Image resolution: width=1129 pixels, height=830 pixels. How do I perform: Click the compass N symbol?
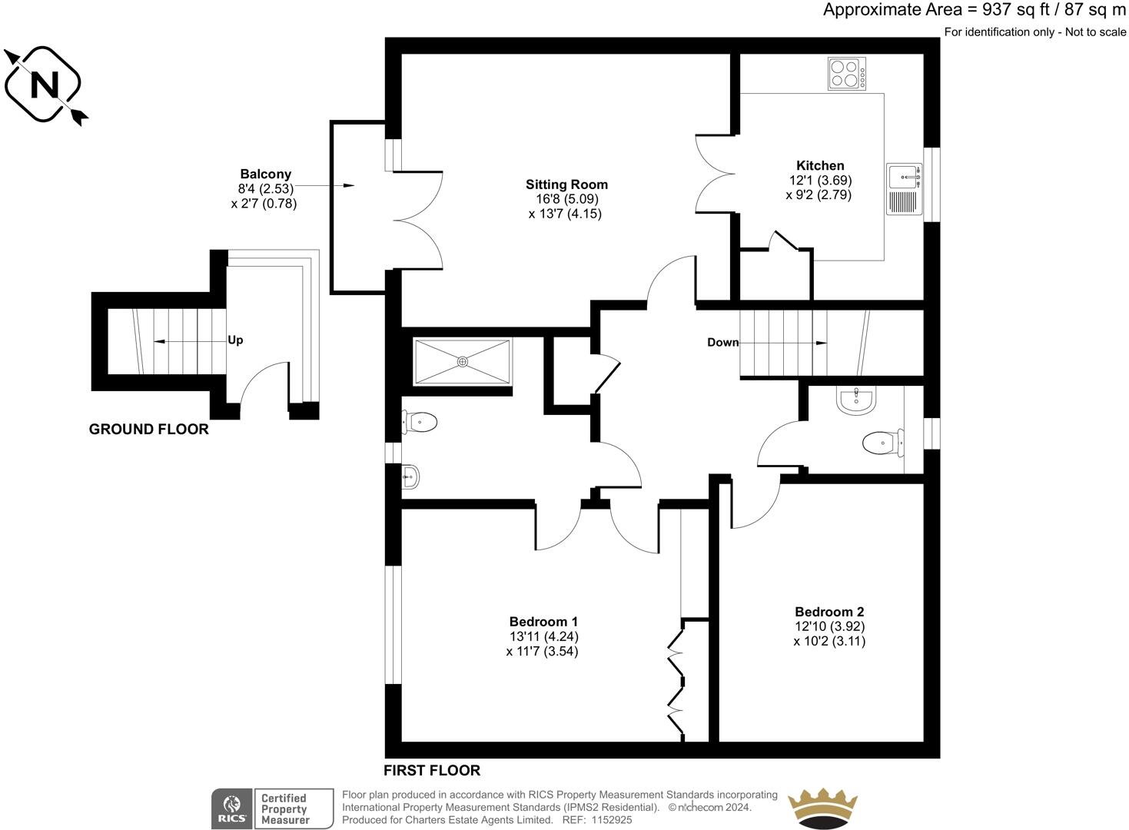pos(44,85)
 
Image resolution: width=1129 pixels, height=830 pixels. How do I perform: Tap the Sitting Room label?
pos(566,184)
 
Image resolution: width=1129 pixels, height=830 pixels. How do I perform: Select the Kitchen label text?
pos(820,165)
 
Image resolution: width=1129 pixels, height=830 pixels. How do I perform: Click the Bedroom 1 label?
pos(543,622)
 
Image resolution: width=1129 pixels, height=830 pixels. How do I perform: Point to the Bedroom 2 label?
pos(829,612)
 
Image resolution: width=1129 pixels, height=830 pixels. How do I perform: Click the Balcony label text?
pos(265,174)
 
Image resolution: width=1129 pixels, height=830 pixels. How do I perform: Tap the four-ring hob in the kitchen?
pos(846,74)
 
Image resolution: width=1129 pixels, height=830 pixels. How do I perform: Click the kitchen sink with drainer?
pos(905,189)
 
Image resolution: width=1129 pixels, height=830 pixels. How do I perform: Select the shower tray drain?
pos(463,361)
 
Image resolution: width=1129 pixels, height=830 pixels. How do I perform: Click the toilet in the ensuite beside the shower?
pos(420,422)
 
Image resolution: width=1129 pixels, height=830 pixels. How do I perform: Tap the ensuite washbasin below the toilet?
pos(410,477)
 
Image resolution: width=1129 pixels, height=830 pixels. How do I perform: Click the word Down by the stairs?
pos(722,343)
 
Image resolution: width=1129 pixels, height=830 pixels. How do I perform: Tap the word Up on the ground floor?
pos(235,340)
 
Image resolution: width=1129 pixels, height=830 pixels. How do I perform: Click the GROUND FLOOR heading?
pos(148,430)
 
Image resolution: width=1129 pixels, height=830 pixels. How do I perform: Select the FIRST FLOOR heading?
pos(432,771)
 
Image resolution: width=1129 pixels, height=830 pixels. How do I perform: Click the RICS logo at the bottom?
pos(231,809)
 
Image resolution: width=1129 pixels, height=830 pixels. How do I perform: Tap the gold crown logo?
pos(823,808)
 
